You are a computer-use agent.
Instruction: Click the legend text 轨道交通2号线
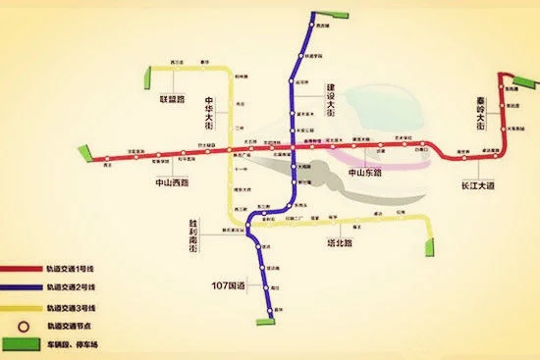tap(73, 287)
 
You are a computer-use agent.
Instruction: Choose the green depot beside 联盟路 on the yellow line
tap(151, 71)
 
